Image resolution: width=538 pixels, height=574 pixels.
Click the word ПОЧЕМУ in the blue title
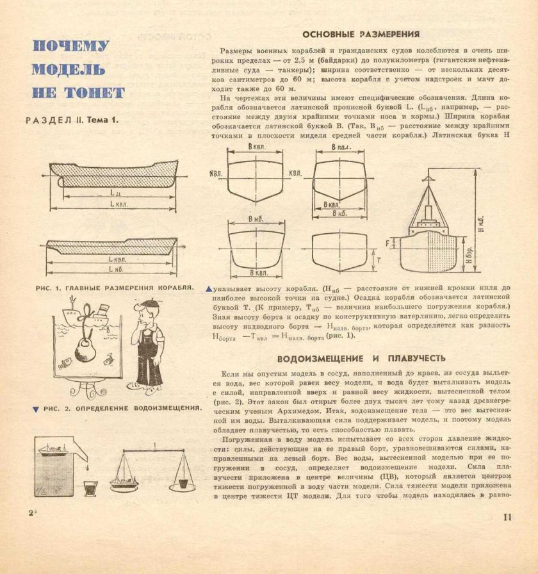[70, 47]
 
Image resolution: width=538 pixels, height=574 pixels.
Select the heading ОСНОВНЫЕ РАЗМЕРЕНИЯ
[361, 34]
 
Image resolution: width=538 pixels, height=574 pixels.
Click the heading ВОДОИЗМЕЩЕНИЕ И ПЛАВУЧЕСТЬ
[361, 357]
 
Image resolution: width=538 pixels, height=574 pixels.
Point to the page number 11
[508, 518]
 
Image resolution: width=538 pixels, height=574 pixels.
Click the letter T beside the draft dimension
[379, 261]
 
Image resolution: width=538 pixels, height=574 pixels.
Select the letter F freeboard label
[389, 243]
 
